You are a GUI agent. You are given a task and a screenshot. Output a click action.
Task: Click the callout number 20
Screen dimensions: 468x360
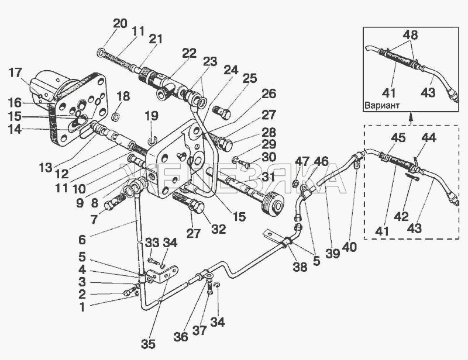tap(120, 23)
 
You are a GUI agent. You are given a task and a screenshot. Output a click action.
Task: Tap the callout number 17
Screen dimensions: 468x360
tap(15, 73)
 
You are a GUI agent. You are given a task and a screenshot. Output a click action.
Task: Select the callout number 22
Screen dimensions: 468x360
tap(190, 54)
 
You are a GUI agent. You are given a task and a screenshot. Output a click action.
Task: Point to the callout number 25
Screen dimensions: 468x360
tap(250, 78)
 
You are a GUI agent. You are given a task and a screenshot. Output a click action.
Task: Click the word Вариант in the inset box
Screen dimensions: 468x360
tap(382, 105)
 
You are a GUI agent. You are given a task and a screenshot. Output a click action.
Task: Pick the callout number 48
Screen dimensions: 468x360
tap(411, 35)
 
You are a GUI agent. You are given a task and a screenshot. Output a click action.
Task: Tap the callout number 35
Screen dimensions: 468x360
tap(149, 344)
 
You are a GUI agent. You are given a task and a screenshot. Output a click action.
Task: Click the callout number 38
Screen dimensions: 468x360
tap(300, 267)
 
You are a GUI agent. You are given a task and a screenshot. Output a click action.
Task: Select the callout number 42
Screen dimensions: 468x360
tap(401, 217)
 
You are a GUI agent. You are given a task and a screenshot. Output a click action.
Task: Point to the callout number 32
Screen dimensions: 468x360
tap(218, 229)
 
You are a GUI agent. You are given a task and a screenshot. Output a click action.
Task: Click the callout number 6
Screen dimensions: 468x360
tap(82, 240)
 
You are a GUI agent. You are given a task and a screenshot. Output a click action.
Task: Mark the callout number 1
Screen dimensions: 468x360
tap(82, 307)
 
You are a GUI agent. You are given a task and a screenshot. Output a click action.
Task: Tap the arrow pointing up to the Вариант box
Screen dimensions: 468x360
tap(411, 118)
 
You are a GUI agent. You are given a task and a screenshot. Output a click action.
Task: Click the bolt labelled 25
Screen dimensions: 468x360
tap(222, 113)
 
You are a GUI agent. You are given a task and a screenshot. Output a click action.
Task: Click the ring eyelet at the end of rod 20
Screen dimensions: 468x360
tap(101, 53)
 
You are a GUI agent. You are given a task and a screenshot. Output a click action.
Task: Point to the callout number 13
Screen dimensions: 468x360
tap(46, 168)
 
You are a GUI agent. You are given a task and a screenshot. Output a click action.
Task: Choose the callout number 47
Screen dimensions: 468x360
tap(302, 162)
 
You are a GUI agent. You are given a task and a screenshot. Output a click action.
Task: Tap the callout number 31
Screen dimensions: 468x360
tap(268, 177)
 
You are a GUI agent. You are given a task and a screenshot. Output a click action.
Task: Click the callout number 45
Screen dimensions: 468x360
tap(398, 138)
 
